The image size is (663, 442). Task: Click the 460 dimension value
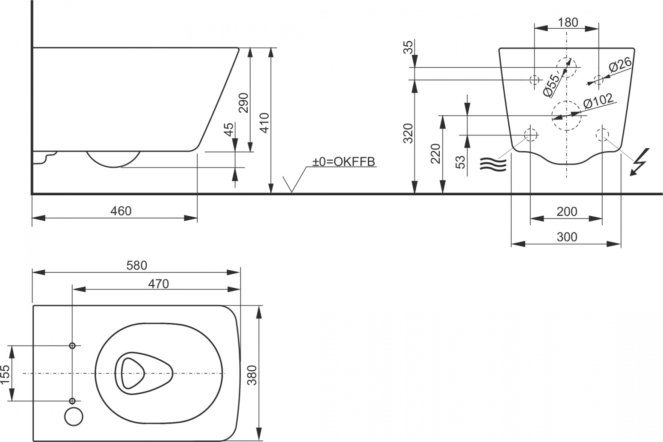121,211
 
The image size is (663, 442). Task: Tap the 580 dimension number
136,266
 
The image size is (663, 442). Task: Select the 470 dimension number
158,284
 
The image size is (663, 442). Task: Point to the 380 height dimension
252,375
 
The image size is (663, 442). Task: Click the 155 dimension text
5,374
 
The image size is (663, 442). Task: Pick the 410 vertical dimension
264,123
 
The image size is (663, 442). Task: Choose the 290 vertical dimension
243,103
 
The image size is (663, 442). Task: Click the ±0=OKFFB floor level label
344,161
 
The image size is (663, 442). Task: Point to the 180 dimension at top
568,23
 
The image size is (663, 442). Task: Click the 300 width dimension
567,237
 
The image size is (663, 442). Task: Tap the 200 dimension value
567,212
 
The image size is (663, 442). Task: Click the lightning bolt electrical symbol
640,162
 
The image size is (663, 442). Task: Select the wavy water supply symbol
493,164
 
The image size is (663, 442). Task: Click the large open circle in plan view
74,416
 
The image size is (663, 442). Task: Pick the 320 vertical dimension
408,133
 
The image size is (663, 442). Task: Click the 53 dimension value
460,162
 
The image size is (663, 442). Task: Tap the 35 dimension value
408,47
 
